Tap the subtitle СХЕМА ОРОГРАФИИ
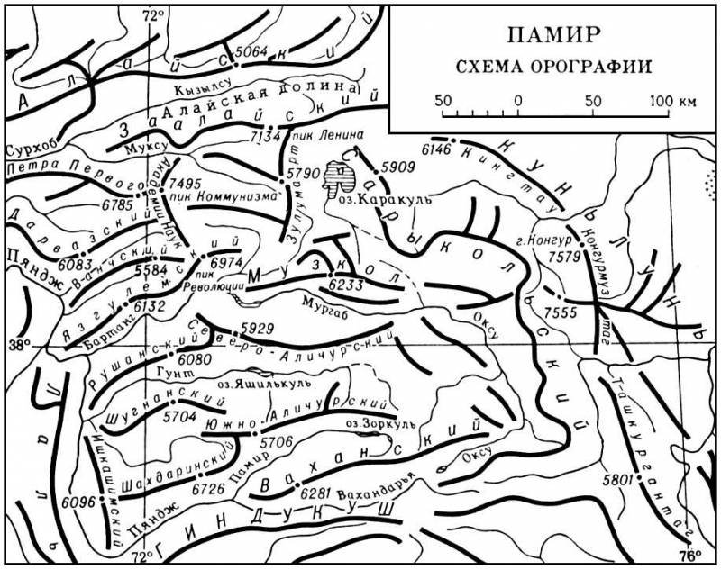point(553,66)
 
